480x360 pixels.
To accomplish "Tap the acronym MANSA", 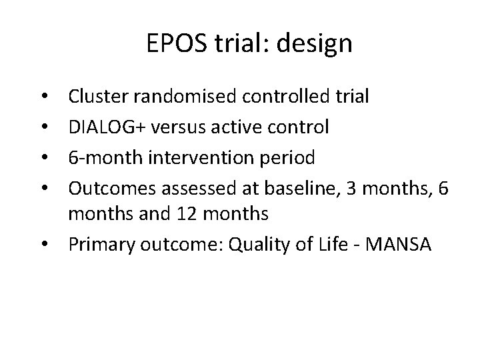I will point(398,244).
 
